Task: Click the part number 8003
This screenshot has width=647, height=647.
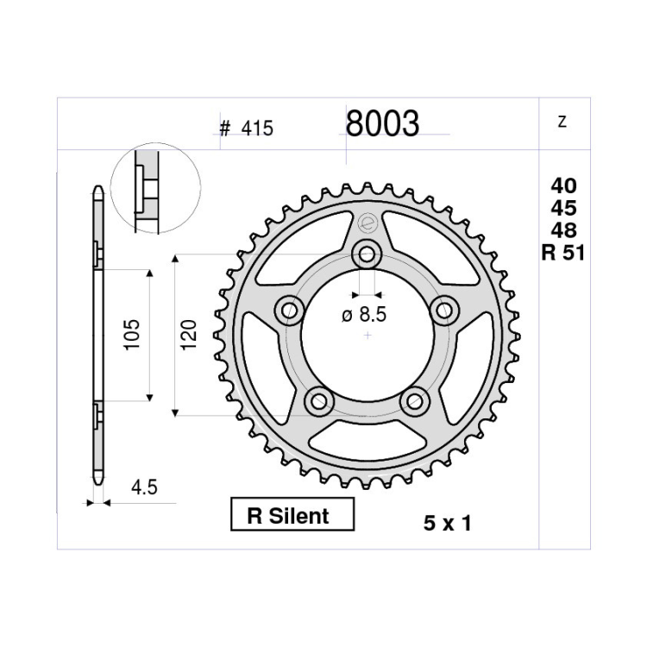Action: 382,123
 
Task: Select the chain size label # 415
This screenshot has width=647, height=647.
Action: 247,129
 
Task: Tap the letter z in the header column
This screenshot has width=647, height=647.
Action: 562,122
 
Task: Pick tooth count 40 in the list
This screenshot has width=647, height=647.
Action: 563,186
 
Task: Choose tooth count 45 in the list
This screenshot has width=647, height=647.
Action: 563,209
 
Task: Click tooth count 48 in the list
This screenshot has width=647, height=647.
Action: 563,230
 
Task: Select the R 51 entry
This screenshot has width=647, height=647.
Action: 563,253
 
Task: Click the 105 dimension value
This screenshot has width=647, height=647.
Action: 133,335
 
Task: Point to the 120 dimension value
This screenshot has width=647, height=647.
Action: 189,335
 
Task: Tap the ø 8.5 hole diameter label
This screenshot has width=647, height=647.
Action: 364,315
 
